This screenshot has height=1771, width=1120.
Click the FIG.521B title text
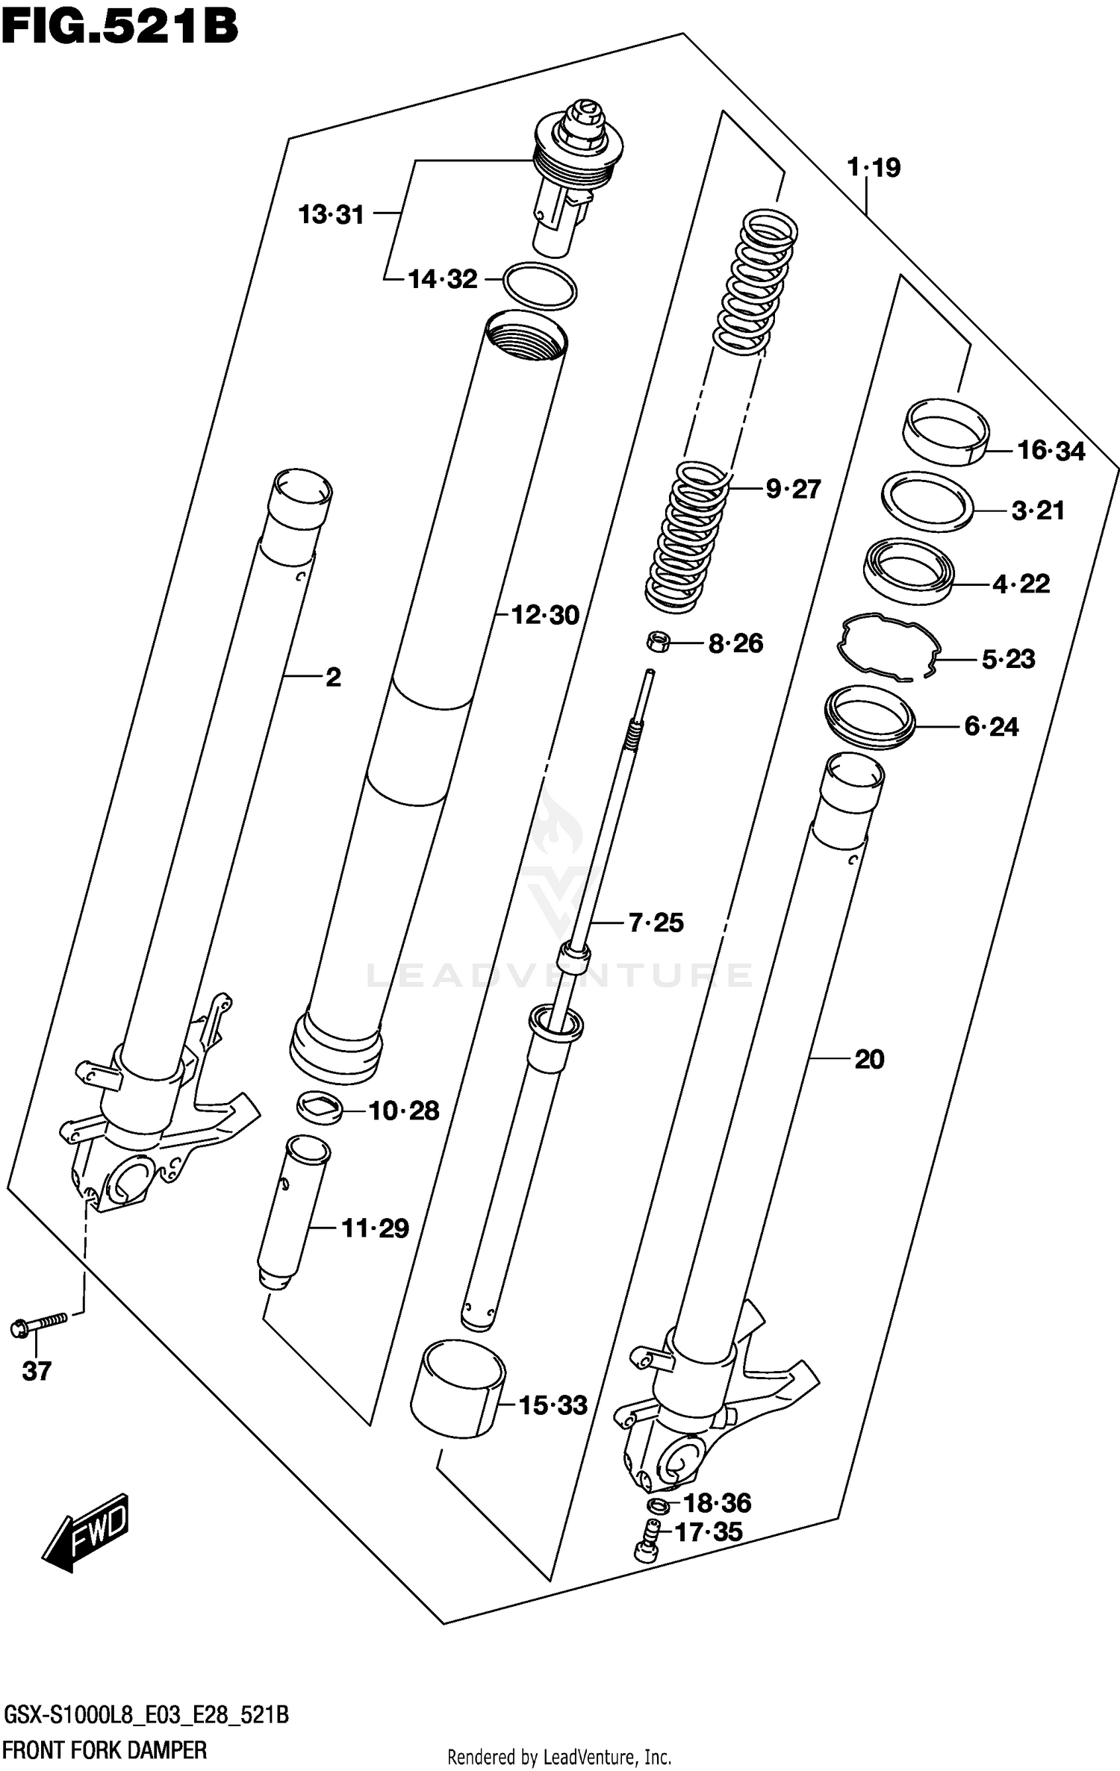(119, 28)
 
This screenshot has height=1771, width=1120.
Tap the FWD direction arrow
(87, 1532)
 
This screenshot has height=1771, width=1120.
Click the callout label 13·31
(331, 215)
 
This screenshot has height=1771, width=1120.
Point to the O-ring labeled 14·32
(540, 285)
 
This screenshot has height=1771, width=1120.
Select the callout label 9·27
(793, 490)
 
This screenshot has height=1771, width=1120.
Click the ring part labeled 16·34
(945, 432)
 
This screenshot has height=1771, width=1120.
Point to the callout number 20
(869, 1059)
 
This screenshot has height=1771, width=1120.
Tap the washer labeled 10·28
(320, 1108)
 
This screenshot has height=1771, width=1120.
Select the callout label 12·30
(545, 616)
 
